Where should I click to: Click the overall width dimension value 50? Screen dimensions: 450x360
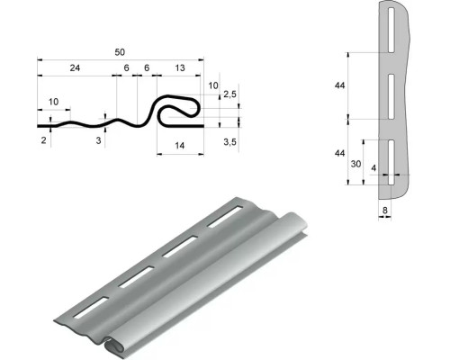click(120, 52)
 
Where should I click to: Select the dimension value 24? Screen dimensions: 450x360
click(75, 68)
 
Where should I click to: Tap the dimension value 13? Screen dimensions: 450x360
click(180, 68)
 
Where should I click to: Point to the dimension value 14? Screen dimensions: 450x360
click(179, 146)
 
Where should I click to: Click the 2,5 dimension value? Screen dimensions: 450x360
click(230, 94)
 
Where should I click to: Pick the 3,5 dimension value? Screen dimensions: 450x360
click(230, 142)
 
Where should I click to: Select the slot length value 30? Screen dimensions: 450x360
click(355, 164)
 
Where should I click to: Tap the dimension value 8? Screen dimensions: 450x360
click(385, 211)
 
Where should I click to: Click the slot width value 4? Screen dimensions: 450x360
click(373, 168)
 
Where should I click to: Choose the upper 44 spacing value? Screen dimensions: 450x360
click(340, 85)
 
